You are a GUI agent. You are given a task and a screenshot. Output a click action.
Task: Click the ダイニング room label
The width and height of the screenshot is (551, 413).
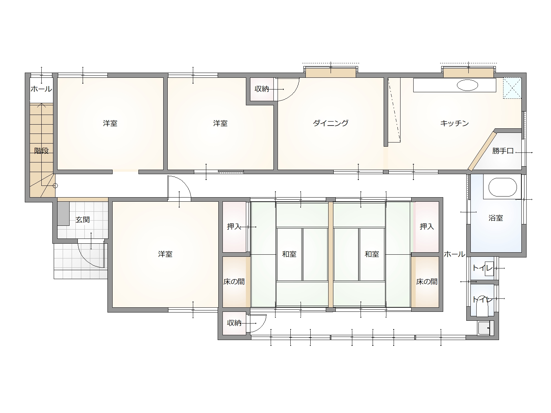pyautogui.click(x=331, y=123)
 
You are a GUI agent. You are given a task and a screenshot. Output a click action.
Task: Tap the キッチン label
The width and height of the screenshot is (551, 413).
pyautogui.click(x=455, y=123)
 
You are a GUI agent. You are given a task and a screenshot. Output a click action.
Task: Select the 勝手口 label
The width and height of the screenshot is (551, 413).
pyautogui.click(x=503, y=151)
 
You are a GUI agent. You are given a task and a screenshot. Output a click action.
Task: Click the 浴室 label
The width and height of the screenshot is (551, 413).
pyautogui.click(x=496, y=218)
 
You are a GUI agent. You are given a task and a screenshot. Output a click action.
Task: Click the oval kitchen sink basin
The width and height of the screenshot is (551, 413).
pyautogui.click(x=468, y=85)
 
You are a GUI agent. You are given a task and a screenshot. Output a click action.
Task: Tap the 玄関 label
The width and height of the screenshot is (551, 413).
pyautogui.click(x=83, y=220)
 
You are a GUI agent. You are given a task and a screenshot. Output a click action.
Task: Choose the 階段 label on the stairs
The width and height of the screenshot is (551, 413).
pyautogui.click(x=41, y=151)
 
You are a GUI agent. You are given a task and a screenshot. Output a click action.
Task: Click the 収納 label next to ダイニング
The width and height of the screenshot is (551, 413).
pyautogui.click(x=262, y=89)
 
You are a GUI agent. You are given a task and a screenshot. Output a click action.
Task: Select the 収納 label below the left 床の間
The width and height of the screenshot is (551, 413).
pyautogui.click(x=234, y=323)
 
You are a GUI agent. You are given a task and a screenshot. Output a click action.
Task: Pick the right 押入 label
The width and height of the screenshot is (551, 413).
pyautogui.click(x=427, y=226)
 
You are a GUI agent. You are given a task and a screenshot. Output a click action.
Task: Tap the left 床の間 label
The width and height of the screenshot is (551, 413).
pyautogui.click(x=234, y=282)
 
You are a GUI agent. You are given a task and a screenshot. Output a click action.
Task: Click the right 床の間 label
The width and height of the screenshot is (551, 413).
pyautogui.click(x=427, y=282)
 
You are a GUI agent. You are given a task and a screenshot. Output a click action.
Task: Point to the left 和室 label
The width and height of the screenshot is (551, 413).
pyautogui.click(x=289, y=254)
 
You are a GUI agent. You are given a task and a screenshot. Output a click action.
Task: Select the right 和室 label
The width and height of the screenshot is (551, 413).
pyautogui.click(x=372, y=254)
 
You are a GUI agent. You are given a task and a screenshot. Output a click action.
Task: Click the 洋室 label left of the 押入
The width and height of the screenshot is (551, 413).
pyautogui.click(x=165, y=254)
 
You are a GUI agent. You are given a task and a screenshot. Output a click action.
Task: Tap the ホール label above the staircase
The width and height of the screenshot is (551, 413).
pyautogui.click(x=41, y=89)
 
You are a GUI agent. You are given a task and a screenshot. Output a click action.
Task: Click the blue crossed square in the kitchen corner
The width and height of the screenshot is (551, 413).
pyautogui.click(x=512, y=88)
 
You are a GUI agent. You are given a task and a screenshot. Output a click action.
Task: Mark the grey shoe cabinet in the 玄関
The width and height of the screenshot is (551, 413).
pyautogui.click(x=63, y=213)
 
